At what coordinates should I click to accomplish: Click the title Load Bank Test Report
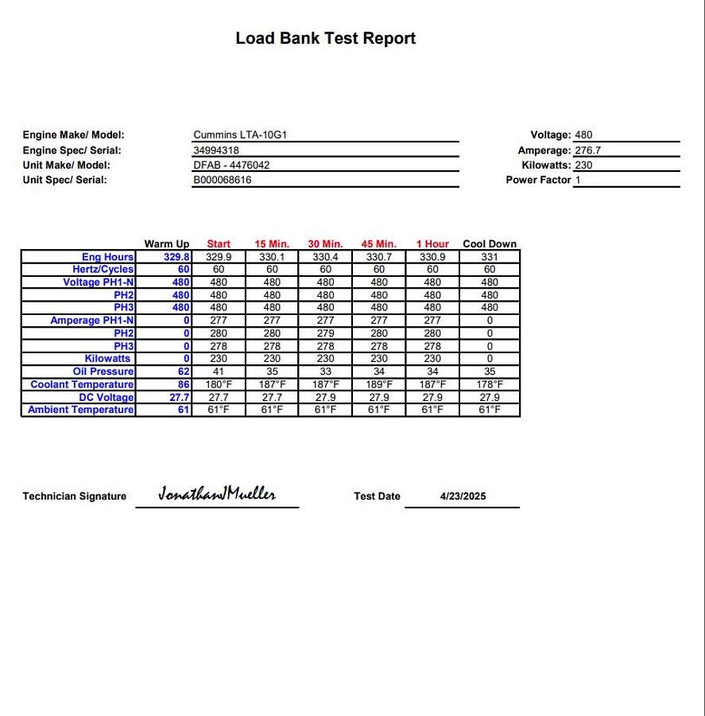click(x=325, y=38)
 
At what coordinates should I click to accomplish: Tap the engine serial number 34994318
click(x=217, y=150)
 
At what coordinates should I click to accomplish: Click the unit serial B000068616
click(x=223, y=180)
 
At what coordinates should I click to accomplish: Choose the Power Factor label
click(x=538, y=180)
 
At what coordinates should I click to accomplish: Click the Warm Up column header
click(x=167, y=244)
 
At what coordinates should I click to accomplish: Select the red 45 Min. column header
click(x=378, y=244)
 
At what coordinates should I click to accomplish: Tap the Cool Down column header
click(x=490, y=244)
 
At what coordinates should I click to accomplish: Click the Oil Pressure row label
click(x=103, y=372)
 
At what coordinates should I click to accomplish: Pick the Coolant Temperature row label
click(x=83, y=384)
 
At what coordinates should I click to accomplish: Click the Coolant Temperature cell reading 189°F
click(x=379, y=384)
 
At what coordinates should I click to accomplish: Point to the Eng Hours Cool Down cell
click(x=490, y=257)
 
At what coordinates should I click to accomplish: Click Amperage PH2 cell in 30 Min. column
click(x=325, y=333)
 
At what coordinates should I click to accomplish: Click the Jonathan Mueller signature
click(x=217, y=494)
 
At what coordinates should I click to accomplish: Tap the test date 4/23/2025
click(x=463, y=496)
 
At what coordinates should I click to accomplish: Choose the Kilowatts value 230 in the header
click(x=584, y=165)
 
